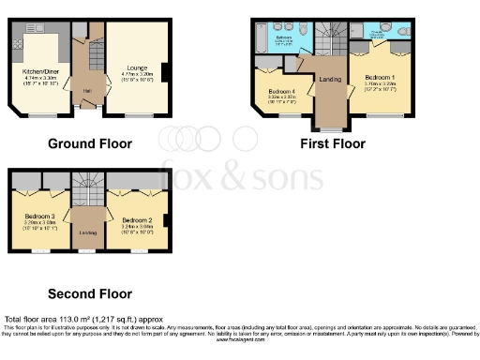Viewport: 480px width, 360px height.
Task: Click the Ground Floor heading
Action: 90,143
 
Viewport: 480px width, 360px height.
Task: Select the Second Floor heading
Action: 90,292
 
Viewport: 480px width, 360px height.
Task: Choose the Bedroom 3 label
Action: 39,217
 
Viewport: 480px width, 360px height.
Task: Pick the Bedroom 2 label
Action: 136,220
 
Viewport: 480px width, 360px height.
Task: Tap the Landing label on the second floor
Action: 87,232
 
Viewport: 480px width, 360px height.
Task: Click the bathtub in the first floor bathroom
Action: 259,38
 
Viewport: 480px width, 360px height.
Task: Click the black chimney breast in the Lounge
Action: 165,72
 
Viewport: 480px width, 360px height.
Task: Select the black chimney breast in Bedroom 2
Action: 165,220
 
